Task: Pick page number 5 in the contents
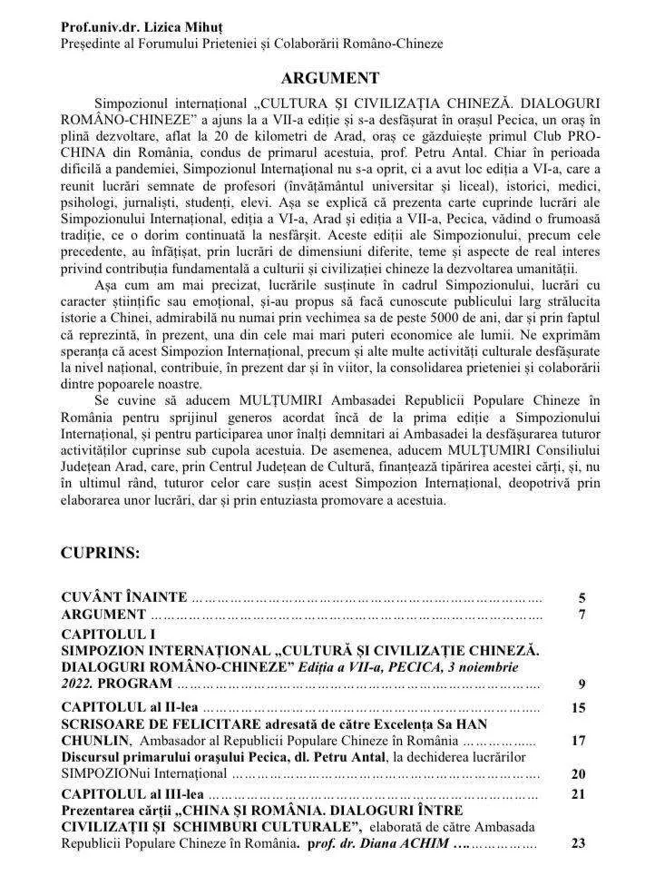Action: pos(582,598)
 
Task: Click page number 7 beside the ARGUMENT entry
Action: pos(582,615)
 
